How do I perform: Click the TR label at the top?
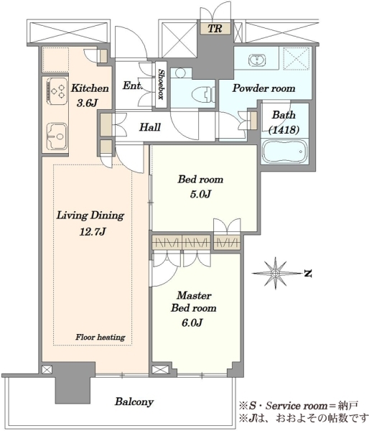(x=215, y=28)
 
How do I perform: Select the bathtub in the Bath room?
(x=284, y=152)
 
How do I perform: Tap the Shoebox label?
(x=161, y=84)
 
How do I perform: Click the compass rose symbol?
(x=275, y=273)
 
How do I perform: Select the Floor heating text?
(x=101, y=337)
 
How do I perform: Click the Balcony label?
(x=134, y=402)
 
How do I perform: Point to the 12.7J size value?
(x=93, y=232)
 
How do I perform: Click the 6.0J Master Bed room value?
(x=192, y=323)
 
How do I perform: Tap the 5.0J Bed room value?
(x=200, y=194)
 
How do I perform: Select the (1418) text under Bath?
(x=284, y=129)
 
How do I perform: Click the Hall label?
(x=150, y=127)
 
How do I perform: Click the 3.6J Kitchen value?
(x=87, y=103)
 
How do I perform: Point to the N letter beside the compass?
(x=308, y=274)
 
